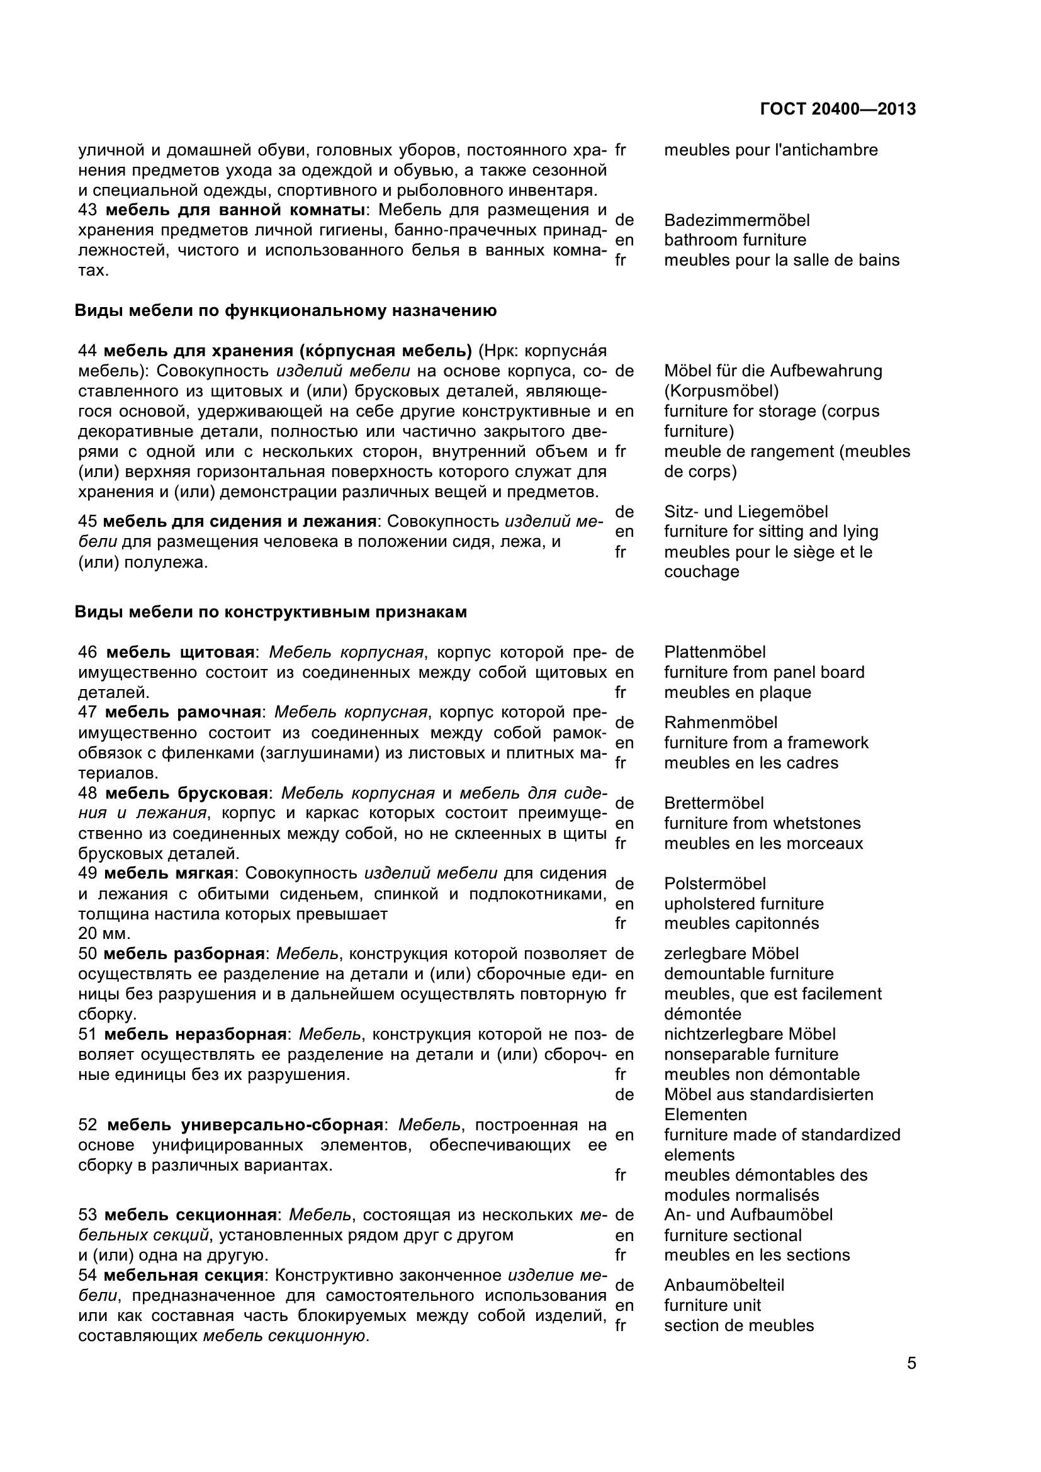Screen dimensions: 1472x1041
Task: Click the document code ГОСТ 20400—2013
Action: click(837, 109)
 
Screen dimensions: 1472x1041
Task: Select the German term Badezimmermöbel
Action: click(736, 220)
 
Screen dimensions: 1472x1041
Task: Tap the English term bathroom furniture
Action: click(734, 240)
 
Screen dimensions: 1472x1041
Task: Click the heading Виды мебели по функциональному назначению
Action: click(286, 311)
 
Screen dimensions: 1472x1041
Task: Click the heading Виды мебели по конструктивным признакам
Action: click(271, 612)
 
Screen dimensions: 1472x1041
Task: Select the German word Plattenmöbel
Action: click(715, 652)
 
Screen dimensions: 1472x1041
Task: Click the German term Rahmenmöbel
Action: click(721, 722)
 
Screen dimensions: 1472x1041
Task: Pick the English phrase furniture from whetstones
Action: click(762, 823)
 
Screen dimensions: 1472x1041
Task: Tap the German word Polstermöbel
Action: click(715, 884)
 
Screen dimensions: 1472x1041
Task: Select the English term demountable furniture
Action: click(749, 974)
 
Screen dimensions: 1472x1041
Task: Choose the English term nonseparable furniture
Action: click(751, 1054)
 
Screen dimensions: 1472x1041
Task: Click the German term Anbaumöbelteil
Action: click(724, 1286)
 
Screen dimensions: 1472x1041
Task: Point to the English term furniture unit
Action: click(712, 1305)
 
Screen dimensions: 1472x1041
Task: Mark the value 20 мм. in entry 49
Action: click(104, 934)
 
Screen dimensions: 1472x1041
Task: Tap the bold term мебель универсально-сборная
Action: click(245, 1125)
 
